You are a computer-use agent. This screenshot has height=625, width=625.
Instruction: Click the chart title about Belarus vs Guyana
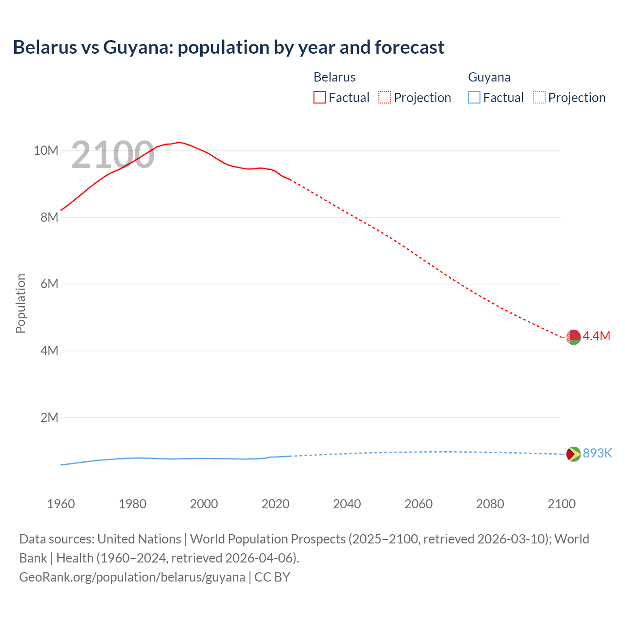[229, 47]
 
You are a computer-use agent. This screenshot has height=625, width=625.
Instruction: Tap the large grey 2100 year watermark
[113, 155]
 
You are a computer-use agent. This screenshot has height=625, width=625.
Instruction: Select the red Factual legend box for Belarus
[319, 97]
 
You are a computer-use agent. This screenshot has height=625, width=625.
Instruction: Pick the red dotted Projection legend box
[385, 97]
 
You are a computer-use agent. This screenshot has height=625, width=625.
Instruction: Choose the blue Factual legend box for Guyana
[474, 97]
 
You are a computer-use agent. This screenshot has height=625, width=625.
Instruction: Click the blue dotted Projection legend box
[539, 97]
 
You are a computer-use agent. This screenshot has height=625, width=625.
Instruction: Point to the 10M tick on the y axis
[46, 150]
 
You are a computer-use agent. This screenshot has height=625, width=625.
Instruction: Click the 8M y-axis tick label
[49, 217]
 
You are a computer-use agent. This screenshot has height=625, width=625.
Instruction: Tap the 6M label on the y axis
[49, 284]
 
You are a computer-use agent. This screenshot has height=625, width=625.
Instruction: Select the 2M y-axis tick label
[49, 417]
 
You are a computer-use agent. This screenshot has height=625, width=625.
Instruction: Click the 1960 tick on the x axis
[61, 504]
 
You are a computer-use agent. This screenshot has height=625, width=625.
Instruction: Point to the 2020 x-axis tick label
[275, 504]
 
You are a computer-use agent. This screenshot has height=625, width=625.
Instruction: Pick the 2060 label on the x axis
[418, 504]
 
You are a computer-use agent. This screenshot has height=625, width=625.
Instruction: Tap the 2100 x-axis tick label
[562, 504]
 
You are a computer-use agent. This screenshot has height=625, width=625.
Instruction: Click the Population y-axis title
[21, 303]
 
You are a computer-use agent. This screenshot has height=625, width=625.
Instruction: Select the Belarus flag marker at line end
[573, 337]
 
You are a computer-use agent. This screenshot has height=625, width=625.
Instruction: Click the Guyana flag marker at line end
[573, 454]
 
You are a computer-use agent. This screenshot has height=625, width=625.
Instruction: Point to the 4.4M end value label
[597, 336]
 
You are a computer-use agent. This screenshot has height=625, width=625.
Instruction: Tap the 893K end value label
[597, 453]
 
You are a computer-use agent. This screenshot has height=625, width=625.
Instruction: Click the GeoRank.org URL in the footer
[132, 577]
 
